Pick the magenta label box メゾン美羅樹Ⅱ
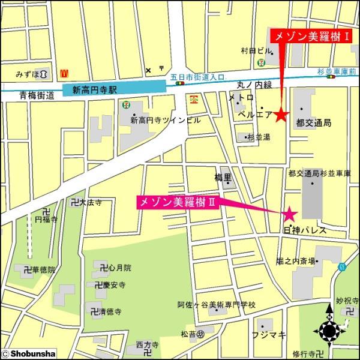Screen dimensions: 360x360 tap(176, 202)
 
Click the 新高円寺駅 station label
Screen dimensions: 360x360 tap(95, 89)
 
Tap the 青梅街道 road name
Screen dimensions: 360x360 tap(37, 95)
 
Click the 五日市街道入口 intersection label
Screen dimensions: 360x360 tap(197, 77)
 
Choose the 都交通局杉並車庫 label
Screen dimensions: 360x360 tap(318, 174)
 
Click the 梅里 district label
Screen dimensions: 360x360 tap(223, 177)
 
